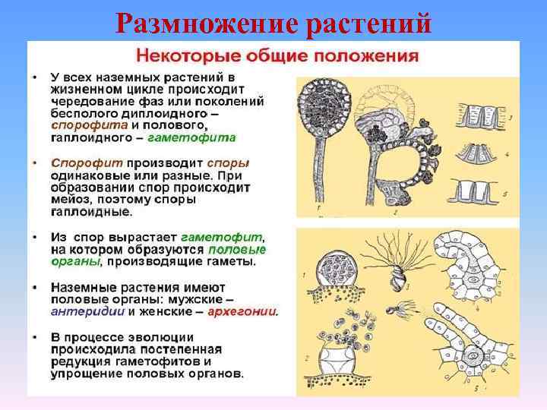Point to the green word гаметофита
click(x=191, y=137)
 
